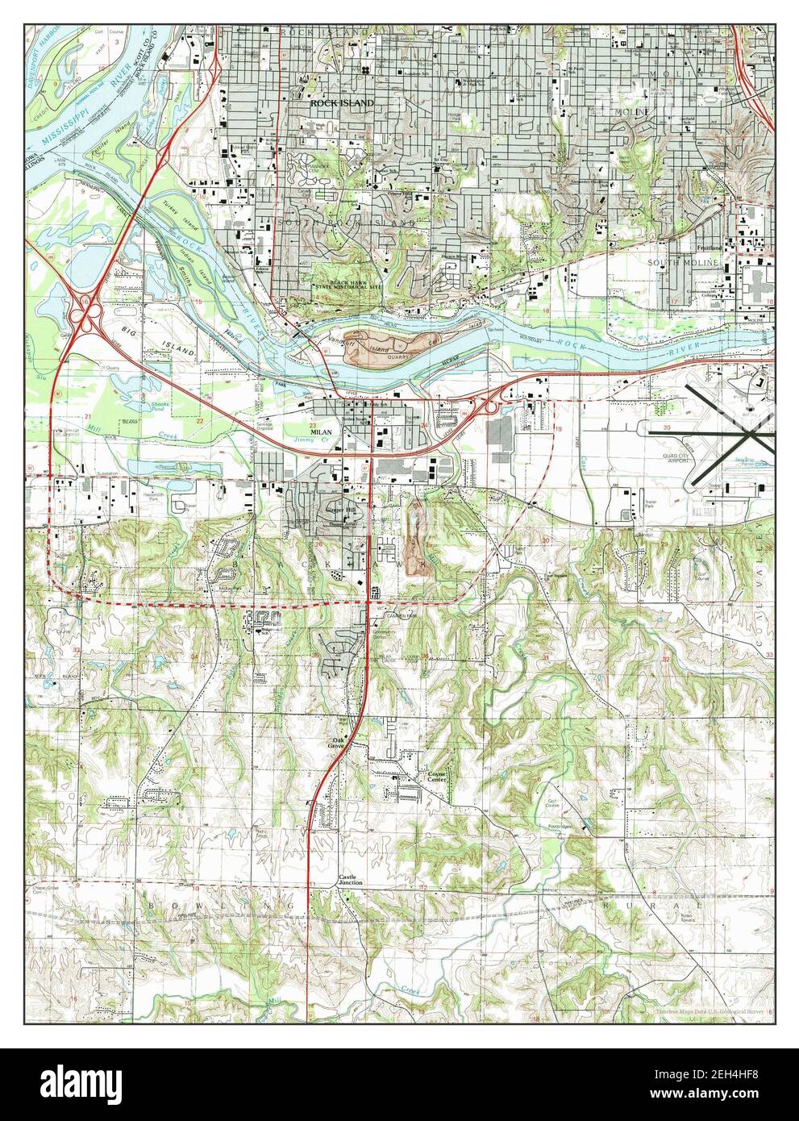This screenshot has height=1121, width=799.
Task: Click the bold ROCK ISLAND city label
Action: (343, 104)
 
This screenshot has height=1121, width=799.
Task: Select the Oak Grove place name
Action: (336, 743)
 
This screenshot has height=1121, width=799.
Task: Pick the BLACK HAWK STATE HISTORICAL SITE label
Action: (348, 282)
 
